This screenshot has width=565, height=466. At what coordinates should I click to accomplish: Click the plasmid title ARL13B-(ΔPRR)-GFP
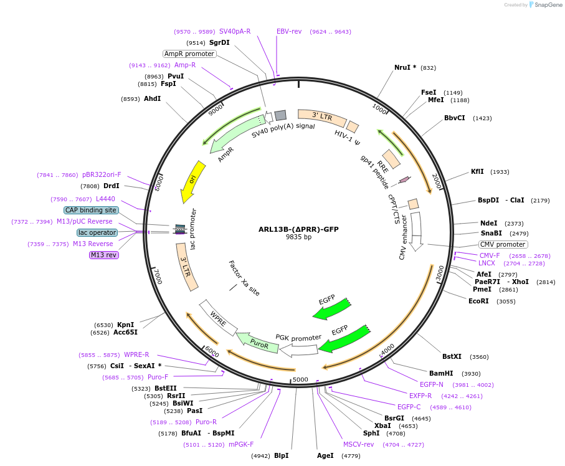(298, 229)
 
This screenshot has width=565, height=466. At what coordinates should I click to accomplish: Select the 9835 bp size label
(298, 237)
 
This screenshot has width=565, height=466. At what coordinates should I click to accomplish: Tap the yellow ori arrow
(191, 181)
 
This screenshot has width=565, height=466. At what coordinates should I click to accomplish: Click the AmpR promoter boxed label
(189, 54)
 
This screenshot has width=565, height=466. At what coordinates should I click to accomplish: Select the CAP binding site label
(90, 210)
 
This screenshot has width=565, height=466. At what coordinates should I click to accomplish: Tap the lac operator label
(97, 232)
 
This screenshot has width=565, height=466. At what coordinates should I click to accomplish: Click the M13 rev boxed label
(103, 255)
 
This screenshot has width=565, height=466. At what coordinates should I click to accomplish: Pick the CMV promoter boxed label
(503, 244)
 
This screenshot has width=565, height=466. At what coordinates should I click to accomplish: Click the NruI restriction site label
(405, 67)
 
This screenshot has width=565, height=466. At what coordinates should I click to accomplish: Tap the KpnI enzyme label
(125, 325)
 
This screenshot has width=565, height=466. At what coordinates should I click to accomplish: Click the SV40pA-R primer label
(235, 31)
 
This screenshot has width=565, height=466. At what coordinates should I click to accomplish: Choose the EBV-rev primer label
(289, 31)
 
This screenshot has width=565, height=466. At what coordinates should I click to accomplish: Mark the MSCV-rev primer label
(358, 444)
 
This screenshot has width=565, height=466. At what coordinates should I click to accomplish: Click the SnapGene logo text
(546, 5)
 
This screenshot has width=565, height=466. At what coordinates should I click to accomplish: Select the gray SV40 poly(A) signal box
(280, 115)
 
